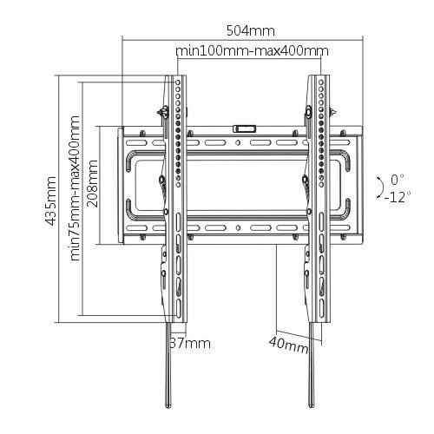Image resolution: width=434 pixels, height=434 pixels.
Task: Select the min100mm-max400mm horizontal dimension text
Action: coord(252,51)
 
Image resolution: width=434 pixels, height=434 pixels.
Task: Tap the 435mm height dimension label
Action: coord(53,199)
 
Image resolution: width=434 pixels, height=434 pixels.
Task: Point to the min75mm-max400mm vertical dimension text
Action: coord(76,187)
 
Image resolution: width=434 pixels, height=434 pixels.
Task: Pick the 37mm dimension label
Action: coord(190,343)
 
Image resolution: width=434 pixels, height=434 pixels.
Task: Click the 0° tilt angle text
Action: coord(398,179)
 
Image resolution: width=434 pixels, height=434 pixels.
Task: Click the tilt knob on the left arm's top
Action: coord(161,110)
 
